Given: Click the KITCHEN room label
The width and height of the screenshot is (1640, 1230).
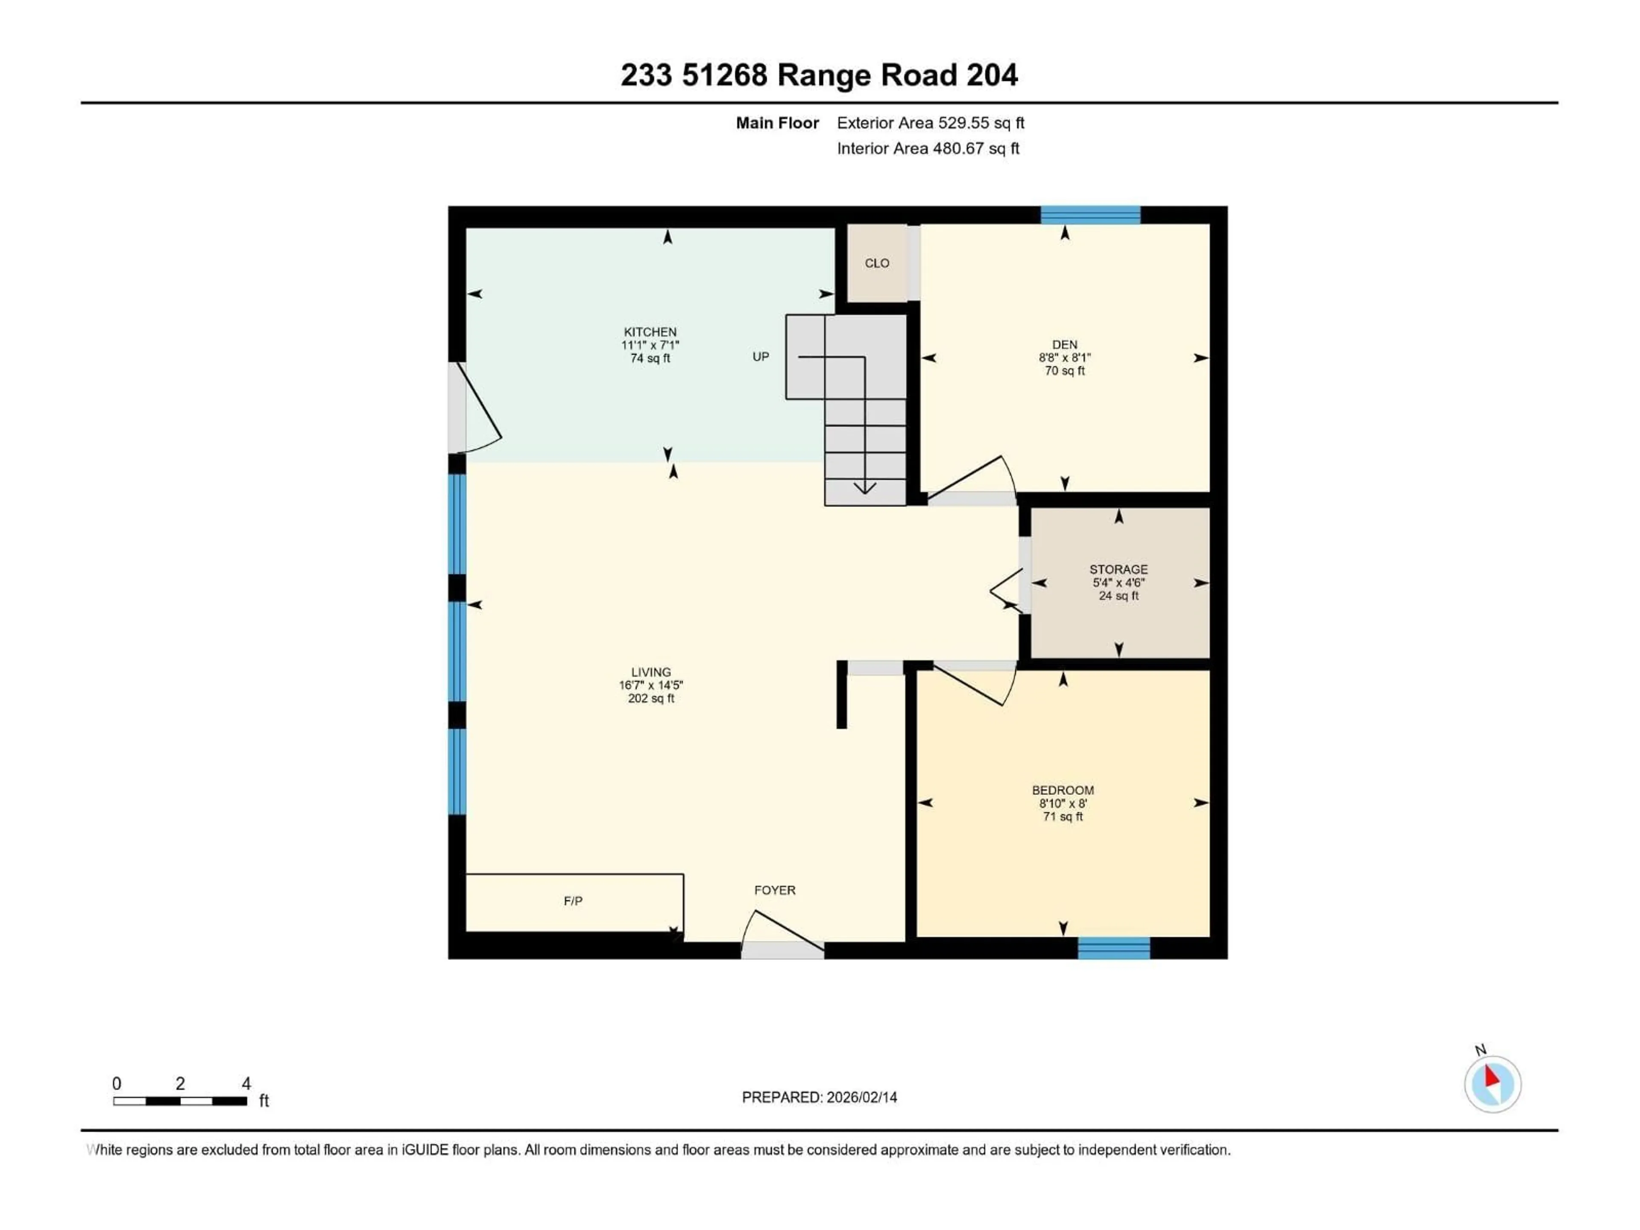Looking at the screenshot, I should [x=650, y=332].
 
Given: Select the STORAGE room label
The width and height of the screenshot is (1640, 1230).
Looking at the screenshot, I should [x=1118, y=569].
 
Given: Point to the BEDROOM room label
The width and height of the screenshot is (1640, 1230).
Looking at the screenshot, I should [x=1063, y=791].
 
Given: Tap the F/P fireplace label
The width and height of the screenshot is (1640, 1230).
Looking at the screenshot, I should [x=572, y=901].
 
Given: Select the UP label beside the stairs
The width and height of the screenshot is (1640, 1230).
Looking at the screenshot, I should [x=761, y=357].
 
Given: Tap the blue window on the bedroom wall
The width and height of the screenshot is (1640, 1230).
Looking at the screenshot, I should [x=1113, y=948].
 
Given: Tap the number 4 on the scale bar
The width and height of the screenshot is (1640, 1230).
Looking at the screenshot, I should [x=246, y=1083].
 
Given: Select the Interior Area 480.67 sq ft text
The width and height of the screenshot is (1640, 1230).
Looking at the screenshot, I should [x=928, y=148].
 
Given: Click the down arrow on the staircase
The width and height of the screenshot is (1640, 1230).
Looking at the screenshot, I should [x=864, y=487].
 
